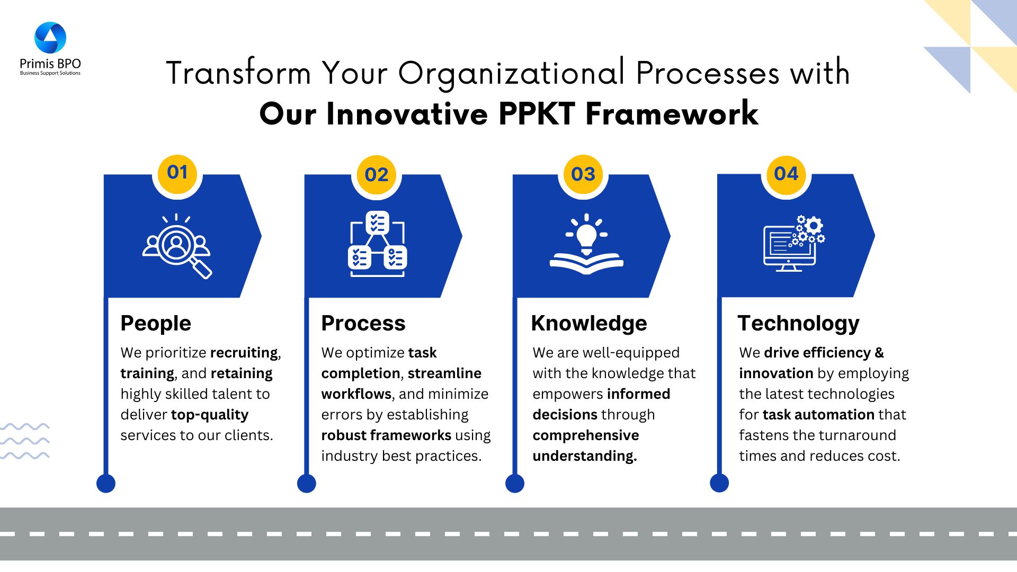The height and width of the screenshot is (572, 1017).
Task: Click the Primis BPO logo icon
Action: click(x=50, y=38)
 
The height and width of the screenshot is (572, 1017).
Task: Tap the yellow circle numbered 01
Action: click(x=177, y=173)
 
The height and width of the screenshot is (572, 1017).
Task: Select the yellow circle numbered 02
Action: click(x=377, y=175)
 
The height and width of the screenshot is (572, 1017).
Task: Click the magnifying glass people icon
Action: click(x=177, y=246)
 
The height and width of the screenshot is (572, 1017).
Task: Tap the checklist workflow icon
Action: click(x=377, y=244)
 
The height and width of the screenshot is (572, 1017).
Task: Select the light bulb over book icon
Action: click(x=586, y=244)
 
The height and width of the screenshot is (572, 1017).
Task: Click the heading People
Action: click(x=156, y=323)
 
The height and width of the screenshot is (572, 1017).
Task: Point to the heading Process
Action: click(x=363, y=323)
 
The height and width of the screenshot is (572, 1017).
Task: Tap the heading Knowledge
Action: click(x=589, y=323)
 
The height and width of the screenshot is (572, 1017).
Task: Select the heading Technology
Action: click(x=799, y=323)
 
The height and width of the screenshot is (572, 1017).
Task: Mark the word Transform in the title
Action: click(x=238, y=73)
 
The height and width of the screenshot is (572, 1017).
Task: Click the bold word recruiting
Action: click(x=244, y=353)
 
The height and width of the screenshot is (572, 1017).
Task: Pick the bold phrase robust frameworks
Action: click(x=386, y=435)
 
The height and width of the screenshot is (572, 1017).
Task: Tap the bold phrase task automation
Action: click(x=818, y=415)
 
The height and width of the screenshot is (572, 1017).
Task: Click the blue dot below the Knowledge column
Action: click(x=515, y=483)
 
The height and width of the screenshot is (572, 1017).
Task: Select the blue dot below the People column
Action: click(x=106, y=483)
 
